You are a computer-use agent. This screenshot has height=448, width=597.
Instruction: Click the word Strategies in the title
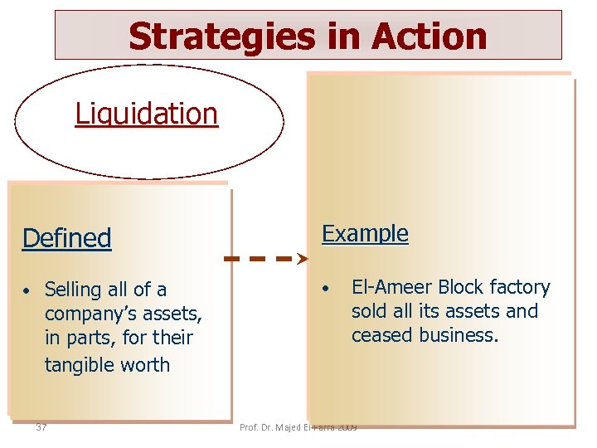(x=218, y=37)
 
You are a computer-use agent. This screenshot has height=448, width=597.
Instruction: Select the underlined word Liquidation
(x=147, y=114)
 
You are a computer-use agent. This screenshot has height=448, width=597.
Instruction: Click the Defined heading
(x=66, y=238)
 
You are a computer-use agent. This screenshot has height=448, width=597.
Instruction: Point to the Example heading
(x=365, y=234)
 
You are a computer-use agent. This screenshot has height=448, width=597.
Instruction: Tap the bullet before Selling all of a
(x=27, y=291)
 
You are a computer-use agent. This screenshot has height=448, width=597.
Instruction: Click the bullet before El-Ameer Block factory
(x=328, y=289)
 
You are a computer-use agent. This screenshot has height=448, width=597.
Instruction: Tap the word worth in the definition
(x=148, y=365)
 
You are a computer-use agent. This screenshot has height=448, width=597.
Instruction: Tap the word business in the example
(x=459, y=335)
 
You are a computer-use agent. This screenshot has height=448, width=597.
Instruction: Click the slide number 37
(x=41, y=427)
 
